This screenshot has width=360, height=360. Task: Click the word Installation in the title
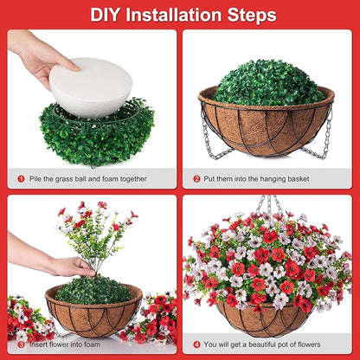[177, 15]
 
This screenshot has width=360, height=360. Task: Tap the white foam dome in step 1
[90, 87]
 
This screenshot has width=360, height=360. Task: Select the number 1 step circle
[21, 178]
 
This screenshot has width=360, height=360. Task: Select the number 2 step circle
[196, 178]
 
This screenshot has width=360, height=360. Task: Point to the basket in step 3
[93, 316]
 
